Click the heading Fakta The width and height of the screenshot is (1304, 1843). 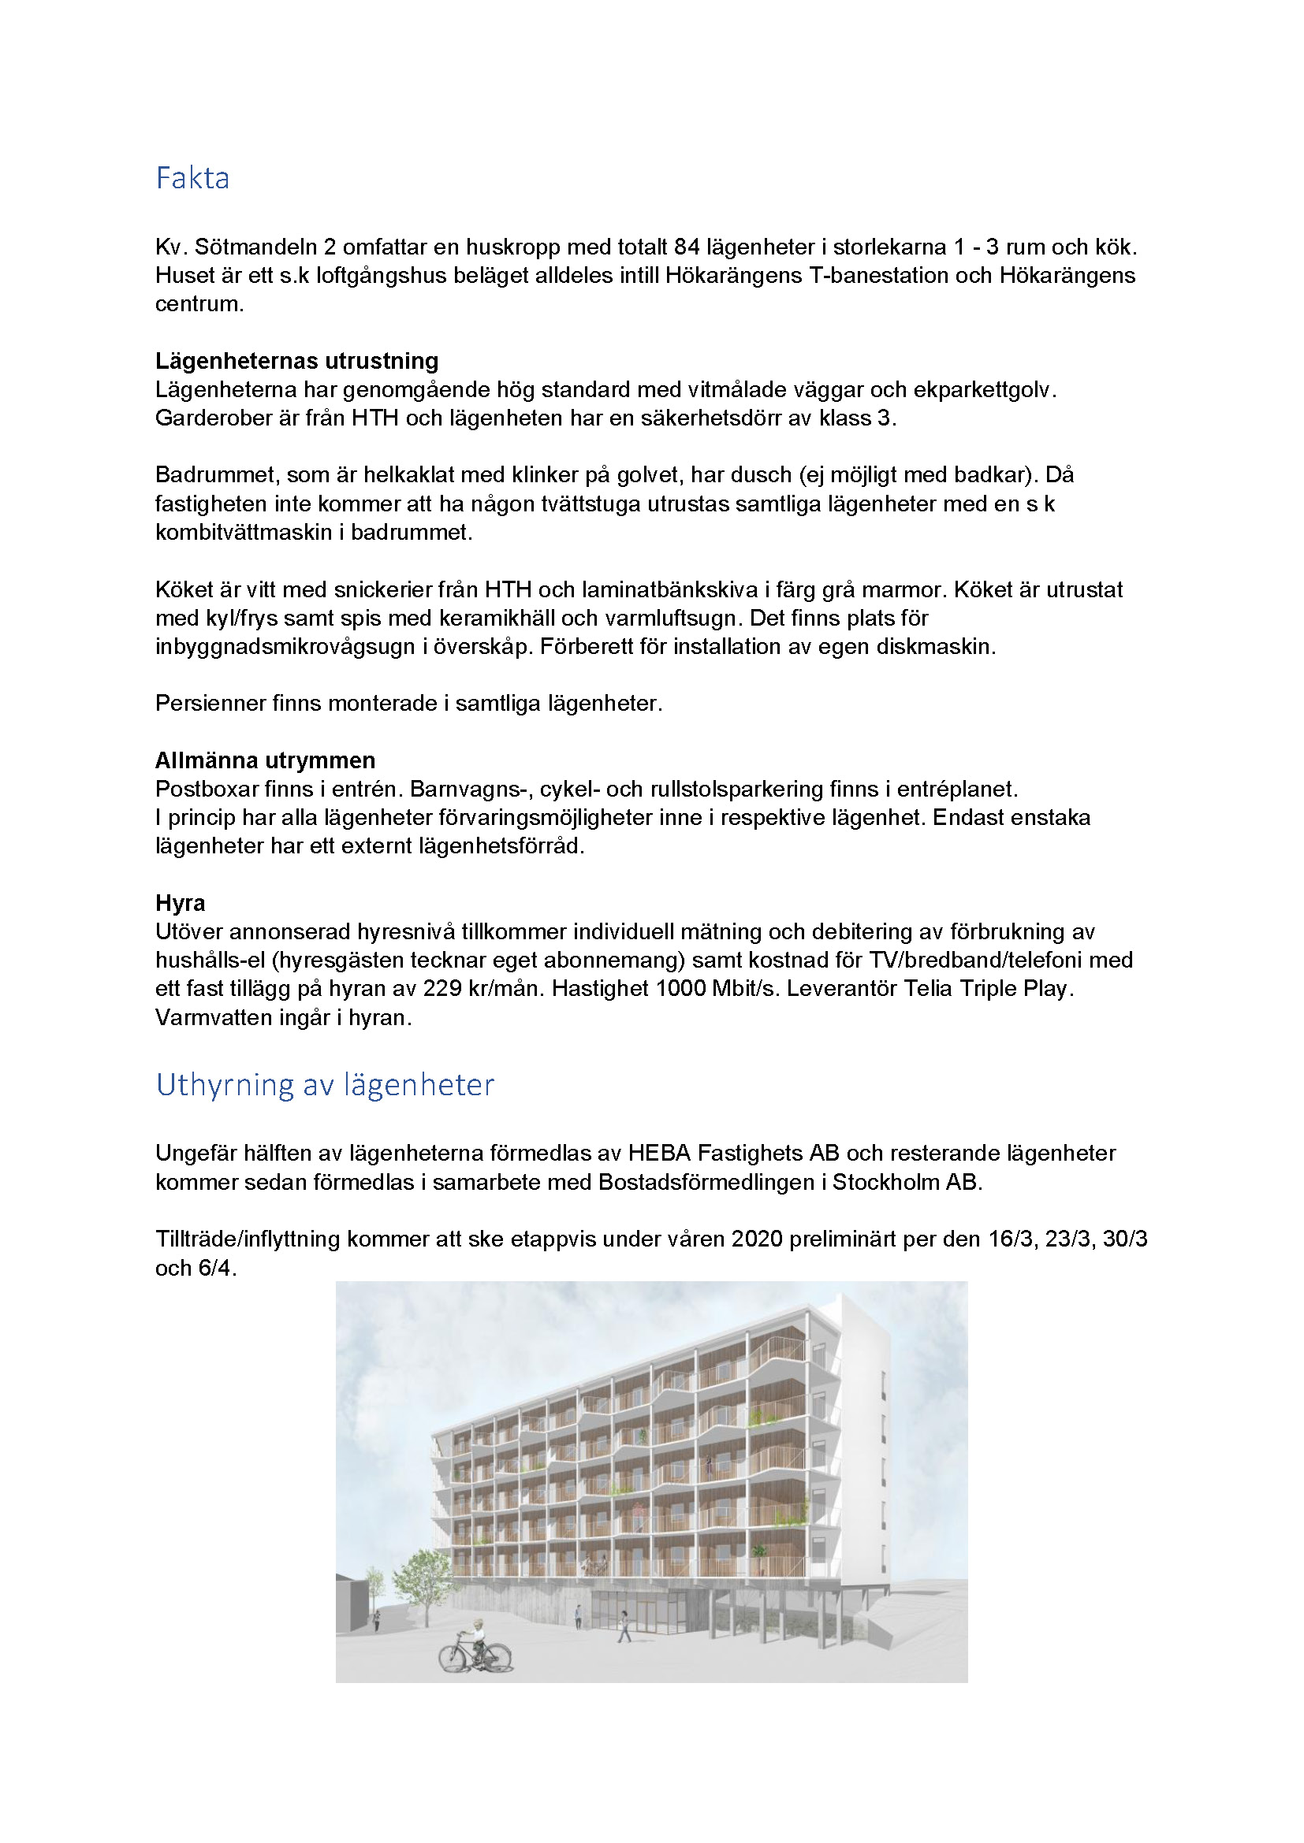pyautogui.click(x=192, y=178)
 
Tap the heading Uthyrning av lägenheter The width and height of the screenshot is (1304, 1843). pyautogui.click(x=324, y=1084)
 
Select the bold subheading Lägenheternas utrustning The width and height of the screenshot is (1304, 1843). pyautogui.click(x=296, y=360)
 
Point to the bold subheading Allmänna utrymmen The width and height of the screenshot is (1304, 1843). pyautogui.click(x=265, y=760)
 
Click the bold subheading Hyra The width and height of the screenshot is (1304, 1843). pyautogui.click(x=180, y=903)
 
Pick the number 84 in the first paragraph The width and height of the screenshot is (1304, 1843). pyautogui.click(x=687, y=247)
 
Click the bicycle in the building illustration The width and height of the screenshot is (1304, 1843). pyautogui.click(x=475, y=1655)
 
